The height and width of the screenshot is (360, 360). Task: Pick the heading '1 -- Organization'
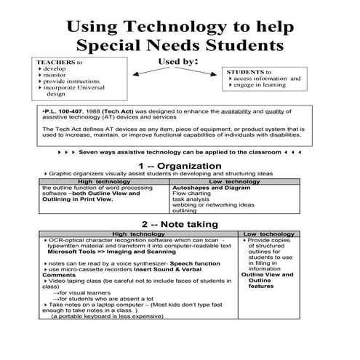180,167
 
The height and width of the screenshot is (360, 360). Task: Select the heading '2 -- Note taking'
180,224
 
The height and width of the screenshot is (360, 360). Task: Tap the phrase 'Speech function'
200,262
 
